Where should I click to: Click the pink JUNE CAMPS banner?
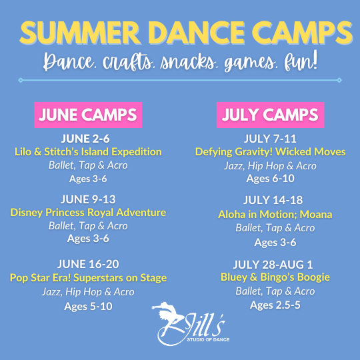88,115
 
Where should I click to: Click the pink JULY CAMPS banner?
270,115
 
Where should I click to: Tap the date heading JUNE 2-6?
85,139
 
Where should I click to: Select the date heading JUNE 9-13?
88,199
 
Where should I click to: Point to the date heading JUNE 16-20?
88,264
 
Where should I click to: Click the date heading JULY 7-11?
270,139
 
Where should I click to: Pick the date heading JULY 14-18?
273,200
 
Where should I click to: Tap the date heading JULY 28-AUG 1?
273,265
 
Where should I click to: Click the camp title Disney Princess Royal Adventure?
88,213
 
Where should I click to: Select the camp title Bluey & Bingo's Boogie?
275,277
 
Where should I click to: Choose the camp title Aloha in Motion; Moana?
275,215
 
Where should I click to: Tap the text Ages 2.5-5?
275,305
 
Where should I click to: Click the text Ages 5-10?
88,306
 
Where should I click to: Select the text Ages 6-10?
270,179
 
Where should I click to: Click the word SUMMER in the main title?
81,33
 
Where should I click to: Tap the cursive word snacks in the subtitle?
188,62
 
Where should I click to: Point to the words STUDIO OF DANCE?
208,339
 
